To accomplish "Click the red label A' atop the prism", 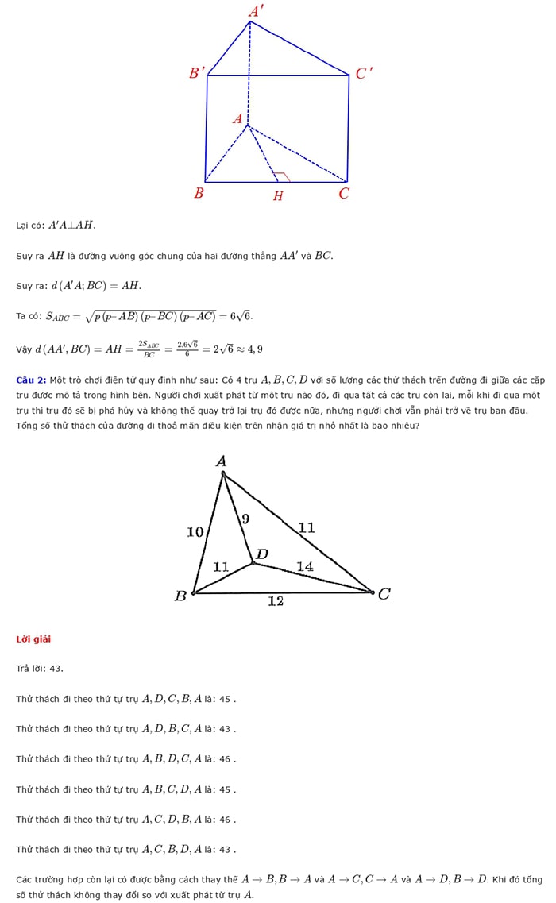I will pos(256,11).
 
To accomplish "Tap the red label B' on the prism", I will pos(197,73).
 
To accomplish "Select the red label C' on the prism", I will pos(363,74).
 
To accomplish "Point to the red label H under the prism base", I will pos(278,196).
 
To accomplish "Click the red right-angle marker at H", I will pos(280,176).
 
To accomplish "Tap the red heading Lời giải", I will pos(33,639).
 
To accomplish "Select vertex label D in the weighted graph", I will pos(261,554).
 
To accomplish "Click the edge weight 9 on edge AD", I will pos(245,519).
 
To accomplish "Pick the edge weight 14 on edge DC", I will pos(305,566).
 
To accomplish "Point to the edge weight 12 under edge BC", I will pos(275,601).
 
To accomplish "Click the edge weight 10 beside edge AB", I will pos(195,531).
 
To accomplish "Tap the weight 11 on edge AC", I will pos(307,527).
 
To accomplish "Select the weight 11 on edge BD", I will pos(221,566).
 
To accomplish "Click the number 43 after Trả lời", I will pos(56,669).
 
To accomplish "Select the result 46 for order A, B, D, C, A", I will pos(225,759).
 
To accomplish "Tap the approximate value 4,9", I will pos(255,349).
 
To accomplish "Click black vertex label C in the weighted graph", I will pos(384,593).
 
